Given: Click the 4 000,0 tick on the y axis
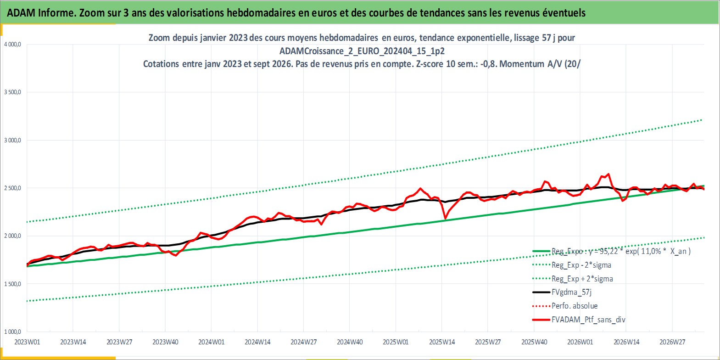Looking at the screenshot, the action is pos(12,45).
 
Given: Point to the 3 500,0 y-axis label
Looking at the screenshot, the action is pos(12,92).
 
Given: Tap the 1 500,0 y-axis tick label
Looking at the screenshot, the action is pos(12,284).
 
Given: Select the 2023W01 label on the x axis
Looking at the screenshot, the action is pos(27,342).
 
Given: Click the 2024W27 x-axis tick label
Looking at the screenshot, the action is pos(303,342).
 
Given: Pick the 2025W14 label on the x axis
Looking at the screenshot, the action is pos(442,342).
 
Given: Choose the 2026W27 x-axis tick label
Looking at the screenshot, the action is pos(672,342).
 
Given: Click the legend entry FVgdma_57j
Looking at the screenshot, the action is pos(571,292).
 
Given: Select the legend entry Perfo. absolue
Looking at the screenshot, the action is pos(575,306).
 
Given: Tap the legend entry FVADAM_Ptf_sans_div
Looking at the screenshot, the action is pos(589,320).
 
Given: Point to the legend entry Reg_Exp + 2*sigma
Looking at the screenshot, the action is pos(582,279).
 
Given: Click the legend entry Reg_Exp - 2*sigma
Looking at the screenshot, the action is pos(581,265).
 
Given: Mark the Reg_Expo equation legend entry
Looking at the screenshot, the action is pos(621,251).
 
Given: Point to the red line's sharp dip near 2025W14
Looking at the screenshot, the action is pos(445,219).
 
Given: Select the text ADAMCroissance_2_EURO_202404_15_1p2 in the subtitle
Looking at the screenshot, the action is pos(362,51).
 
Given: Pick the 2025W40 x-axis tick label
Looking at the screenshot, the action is pos(534,342).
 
